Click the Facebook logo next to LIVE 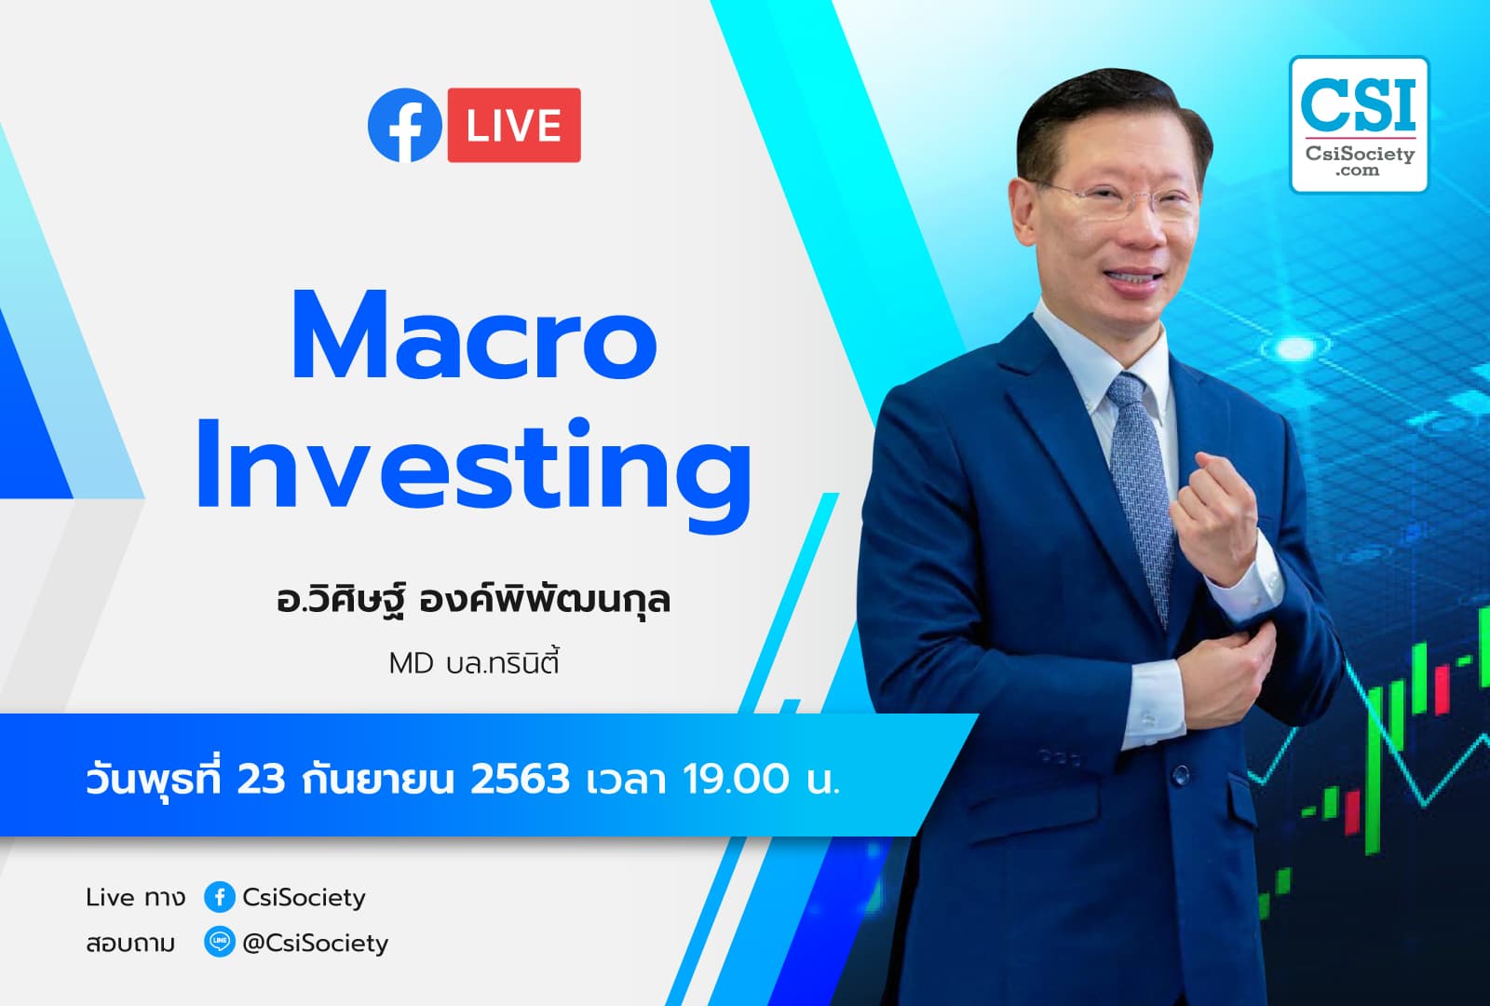(404, 125)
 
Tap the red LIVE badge (514, 125)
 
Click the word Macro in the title (474, 337)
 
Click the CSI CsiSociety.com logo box (1359, 125)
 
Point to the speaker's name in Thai (473, 598)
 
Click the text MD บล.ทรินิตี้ (473, 663)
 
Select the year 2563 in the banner (519, 779)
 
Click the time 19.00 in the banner (736, 779)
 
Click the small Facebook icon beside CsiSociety (219, 897)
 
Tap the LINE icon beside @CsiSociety (219, 943)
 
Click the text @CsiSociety (315, 943)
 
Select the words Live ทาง (135, 897)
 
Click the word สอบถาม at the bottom (130, 944)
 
